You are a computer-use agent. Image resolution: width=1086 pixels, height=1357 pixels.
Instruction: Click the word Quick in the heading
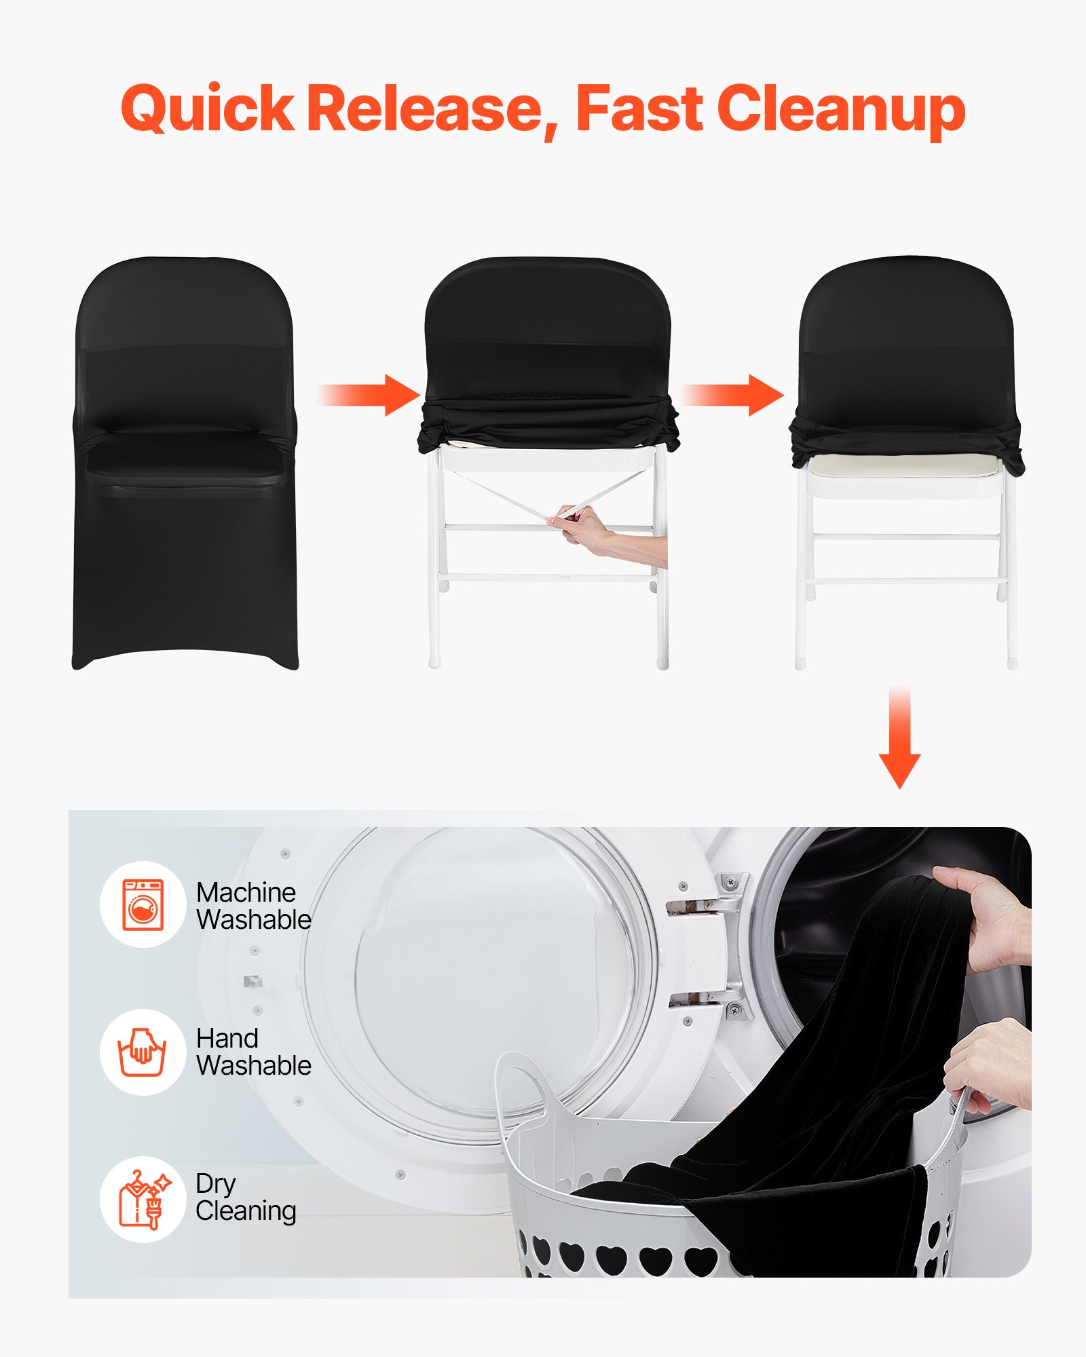207,109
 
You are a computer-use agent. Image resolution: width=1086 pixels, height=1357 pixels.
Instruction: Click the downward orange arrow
899,740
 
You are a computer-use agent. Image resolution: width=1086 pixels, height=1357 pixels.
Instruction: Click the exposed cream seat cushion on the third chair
903,465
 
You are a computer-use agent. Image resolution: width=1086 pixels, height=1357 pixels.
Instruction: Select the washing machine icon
143,904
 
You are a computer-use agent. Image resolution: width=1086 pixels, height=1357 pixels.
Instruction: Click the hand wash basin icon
143,1052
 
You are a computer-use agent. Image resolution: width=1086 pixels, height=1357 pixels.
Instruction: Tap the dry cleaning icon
143,1200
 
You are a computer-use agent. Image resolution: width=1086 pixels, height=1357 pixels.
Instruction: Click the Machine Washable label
252,906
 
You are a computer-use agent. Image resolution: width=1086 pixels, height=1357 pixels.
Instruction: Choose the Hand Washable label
252,1052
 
